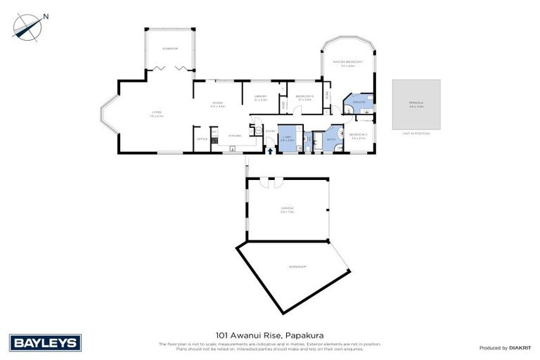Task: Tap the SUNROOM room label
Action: tap(169, 49)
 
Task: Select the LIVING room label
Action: tap(156, 113)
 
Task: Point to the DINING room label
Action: tap(217, 104)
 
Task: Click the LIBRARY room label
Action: tap(260, 97)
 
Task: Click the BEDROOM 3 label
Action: tap(304, 97)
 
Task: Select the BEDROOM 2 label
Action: tap(358, 135)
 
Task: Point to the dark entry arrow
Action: tap(271, 150)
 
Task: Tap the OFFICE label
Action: tap(201, 140)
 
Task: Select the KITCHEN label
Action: tap(235, 136)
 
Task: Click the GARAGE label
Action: tap(287, 209)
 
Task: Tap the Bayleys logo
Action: tap(45, 342)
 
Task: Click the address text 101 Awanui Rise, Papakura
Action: tap(269, 335)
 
